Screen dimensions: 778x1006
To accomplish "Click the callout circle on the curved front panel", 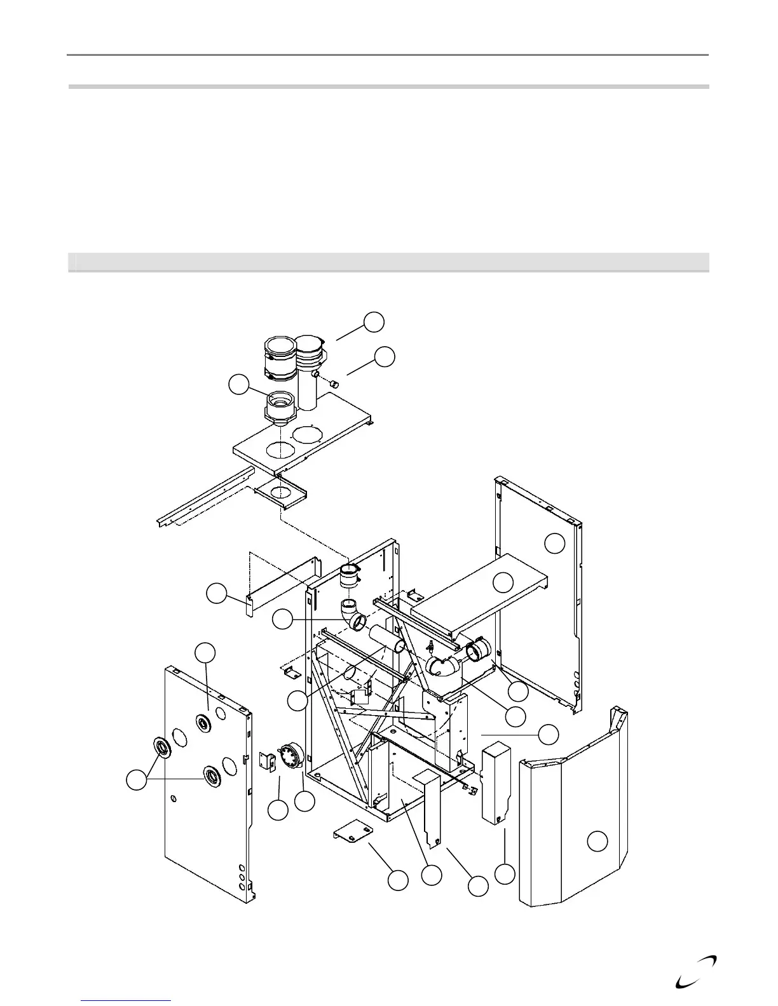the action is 597,842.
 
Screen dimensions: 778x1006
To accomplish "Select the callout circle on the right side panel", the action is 556,543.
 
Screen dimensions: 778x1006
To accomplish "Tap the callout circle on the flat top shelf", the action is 504,582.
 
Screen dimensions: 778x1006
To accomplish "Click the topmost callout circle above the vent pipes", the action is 374,321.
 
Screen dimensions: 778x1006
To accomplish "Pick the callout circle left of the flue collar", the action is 238,385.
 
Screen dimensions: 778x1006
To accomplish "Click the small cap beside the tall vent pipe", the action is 335,383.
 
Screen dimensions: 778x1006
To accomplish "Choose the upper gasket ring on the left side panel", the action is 203,723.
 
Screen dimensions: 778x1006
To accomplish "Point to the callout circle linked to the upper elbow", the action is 282,620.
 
